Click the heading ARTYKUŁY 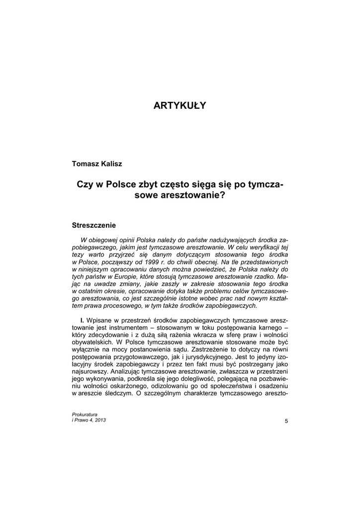pos(180,105)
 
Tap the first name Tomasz pos(86,164)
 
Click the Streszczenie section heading pos(94,225)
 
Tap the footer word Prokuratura pos(85,414)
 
